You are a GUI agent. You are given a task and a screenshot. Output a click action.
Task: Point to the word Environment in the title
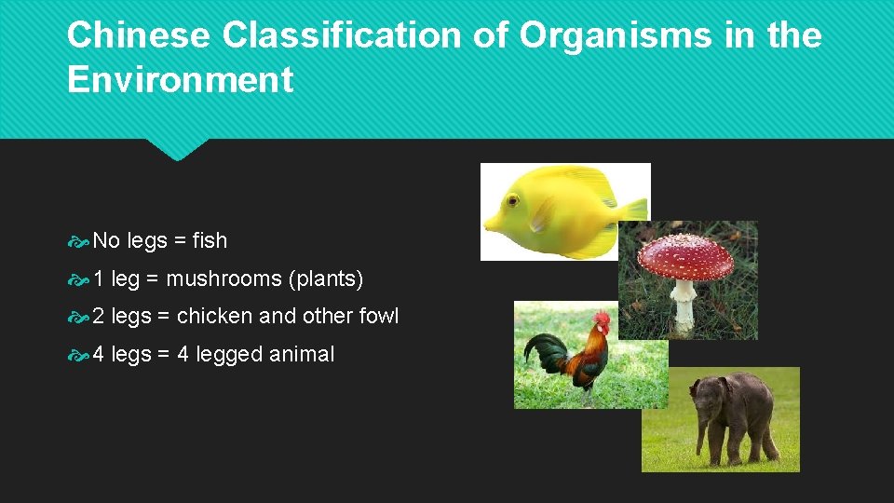pos(180,80)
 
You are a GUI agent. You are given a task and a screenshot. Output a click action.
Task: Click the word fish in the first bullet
pos(210,240)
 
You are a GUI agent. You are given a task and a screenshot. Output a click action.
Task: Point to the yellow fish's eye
pos(512,200)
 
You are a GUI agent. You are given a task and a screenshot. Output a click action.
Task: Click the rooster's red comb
pos(602,319)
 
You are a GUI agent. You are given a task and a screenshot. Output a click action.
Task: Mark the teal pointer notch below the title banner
pos(176,149)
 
